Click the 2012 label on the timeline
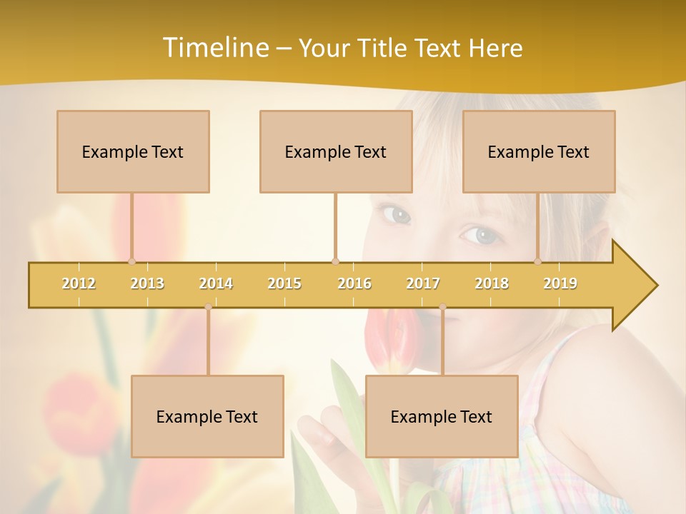coord(79,283)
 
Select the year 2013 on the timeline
coord(147,283)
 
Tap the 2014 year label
coord(216,283)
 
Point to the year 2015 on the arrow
coord(284,283)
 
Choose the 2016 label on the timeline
coord(354,283)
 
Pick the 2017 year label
coord(423,283)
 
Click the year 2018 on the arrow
coord(492,283)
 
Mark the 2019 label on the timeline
coord(560,283)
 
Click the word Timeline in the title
coord(214,48)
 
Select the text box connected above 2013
coord(133,151)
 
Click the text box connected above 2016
coord(336,151)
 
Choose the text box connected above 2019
coord(539,151)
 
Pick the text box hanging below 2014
coord(207,416)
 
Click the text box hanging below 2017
coord(442,416)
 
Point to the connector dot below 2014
coord(208,307)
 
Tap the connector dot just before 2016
coord(335,261)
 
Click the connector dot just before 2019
coord(538,261)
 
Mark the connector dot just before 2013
coord(131,261)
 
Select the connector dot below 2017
coord(442,307)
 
